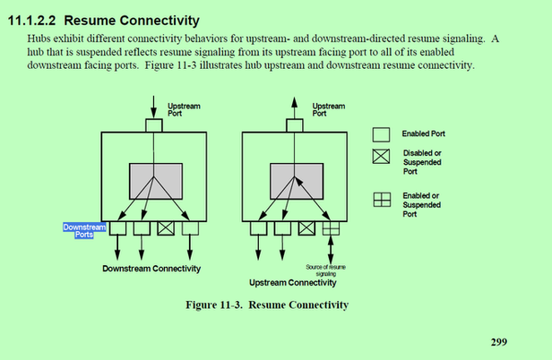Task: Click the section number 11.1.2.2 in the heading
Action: [x=33, y=20]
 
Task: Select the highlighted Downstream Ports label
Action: [x=84, y=231]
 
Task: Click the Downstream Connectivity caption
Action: [x=151, y=268]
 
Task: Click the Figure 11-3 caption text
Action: [x=266, y=305]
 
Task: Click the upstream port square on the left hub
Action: [x=153, y=126]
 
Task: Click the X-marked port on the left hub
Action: [x=166, y=228]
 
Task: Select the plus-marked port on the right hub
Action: [x=331, y=228]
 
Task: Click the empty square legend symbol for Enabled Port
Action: [x=381, y=133]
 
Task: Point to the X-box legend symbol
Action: [x=381, y=159]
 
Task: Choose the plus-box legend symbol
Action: [x=381, y=201]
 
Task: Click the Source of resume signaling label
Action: [x=324, y=270]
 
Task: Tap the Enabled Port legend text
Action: [x=424, y=133]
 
